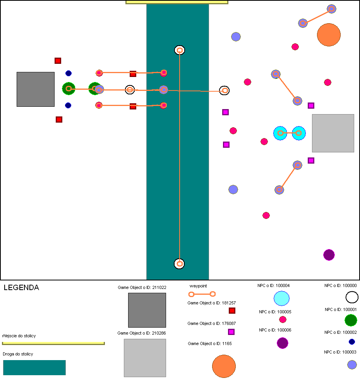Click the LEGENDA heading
[x=21, y=288]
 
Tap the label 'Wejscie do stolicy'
[x=19, y=336]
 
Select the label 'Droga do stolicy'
[x=18, y=354]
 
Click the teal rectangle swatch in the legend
[x=34, y=367]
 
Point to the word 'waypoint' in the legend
[x=198, y=286]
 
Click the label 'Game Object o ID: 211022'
[x=142, y=287]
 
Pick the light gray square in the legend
[x=145, y=358]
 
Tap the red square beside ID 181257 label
[x=232, y=311]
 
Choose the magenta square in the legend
[x=231, y=332]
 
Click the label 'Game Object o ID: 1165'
[x=210, y=343]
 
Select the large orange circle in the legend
[x=224, y=366]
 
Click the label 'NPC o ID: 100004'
[x=274, y=285]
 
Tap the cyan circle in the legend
[x=281, y=298]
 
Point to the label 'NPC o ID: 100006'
[x=275, y=330]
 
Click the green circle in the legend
[x=351, y=320]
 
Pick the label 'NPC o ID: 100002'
[x=341, y=332]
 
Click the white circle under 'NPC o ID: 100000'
[x=352, y=297]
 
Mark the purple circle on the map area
[x=329, y=255]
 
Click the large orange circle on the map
[x=329, y=35]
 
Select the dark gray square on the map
[x=36, y=89]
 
